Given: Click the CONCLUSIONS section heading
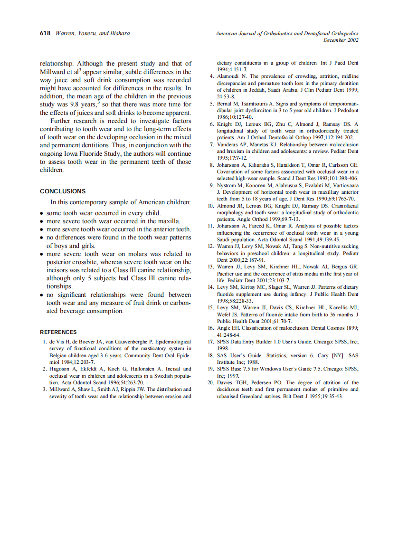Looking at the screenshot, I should point(63,191).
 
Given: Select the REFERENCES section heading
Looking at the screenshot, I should point(58,332).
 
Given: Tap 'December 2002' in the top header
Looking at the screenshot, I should point(341,40).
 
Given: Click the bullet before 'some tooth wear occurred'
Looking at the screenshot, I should point(42,214).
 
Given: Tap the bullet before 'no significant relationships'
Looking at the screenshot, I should point(42,295).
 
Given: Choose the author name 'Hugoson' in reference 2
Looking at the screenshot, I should point(60,368).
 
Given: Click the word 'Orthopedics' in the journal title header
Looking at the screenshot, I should point(344,33).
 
